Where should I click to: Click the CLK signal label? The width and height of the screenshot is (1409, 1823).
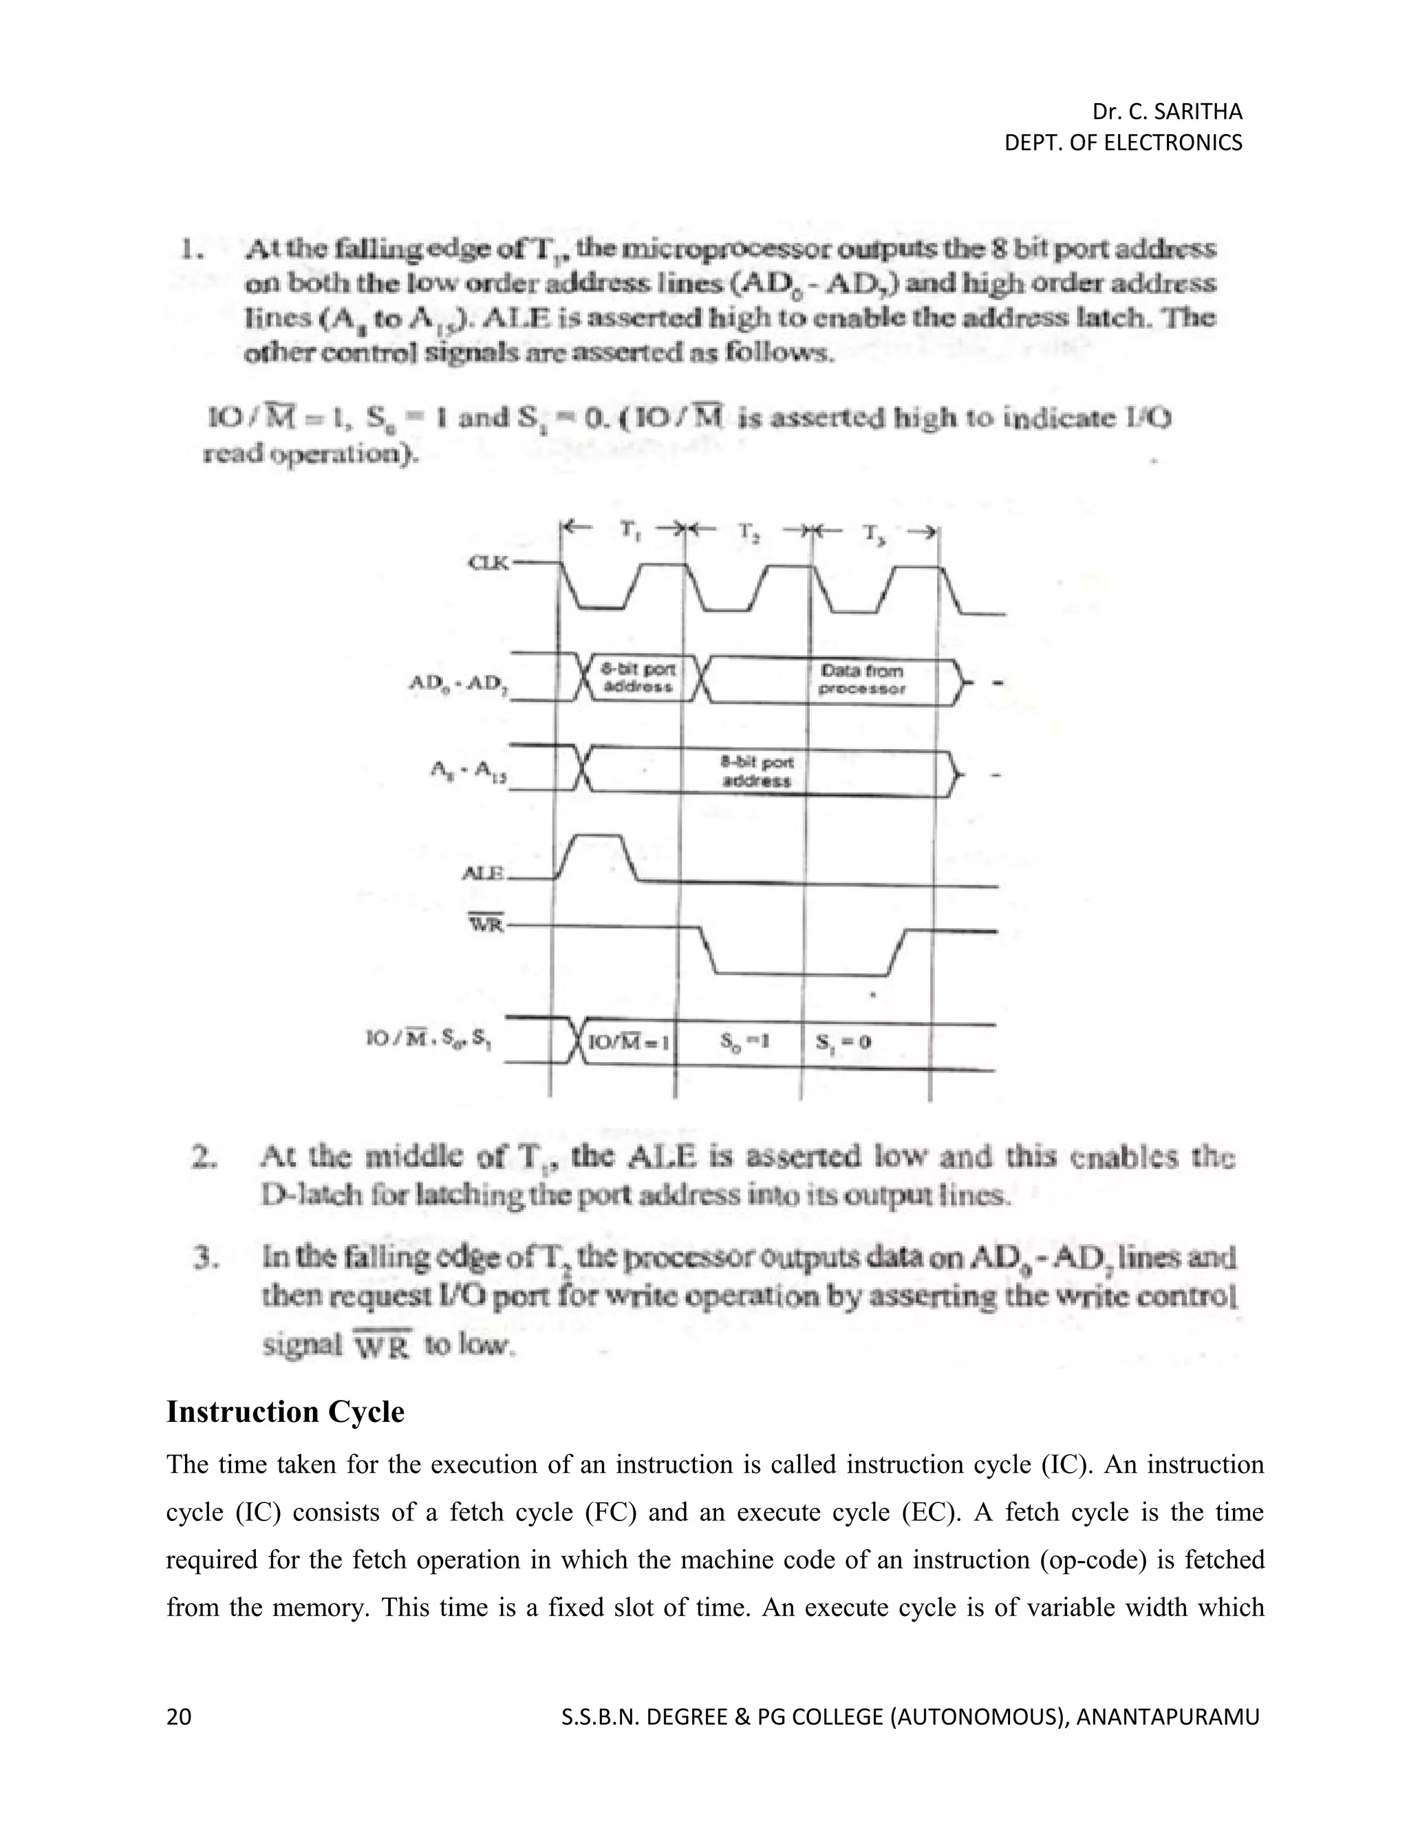coord(491,563)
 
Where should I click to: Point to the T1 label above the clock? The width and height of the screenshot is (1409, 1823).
coord(627,528)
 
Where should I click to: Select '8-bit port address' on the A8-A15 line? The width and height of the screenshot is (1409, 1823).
coord(755,771)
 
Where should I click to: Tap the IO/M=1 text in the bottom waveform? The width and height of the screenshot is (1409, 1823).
coord(630,1042)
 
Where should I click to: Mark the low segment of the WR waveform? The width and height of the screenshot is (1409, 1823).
coord(799,973)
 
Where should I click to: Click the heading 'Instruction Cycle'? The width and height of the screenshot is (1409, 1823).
coord(286,1412)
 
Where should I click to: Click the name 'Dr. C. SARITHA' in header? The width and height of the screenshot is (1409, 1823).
coord(1167,111)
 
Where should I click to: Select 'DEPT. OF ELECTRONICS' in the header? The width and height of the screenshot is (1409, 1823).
coord(1123,142)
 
